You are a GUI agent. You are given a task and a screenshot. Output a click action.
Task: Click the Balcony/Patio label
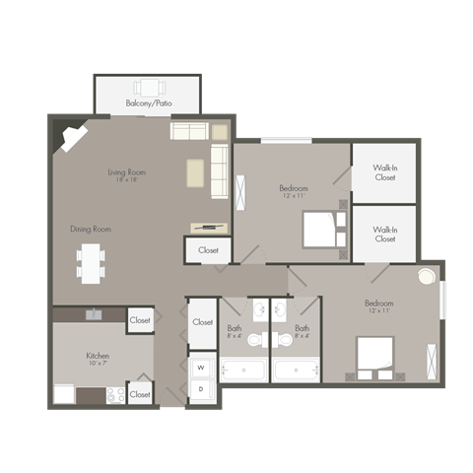point(147,102)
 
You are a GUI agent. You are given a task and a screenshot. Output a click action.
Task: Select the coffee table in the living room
point(194,172)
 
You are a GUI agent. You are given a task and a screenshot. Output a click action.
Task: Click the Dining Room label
point(90,229)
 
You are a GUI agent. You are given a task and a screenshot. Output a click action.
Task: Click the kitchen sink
point(95,314)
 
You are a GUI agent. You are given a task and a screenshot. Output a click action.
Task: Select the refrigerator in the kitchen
point(65,394)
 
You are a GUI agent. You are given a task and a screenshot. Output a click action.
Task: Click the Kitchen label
point(97,355)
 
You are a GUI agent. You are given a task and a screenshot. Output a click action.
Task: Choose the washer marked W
point(203,368)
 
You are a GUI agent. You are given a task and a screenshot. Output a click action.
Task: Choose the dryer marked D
point(203,390)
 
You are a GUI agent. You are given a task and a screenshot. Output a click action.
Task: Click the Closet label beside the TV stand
point(209,250)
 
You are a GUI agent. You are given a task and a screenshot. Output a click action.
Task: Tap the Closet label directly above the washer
point(203,321)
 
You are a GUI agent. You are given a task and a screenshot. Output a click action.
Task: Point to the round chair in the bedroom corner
point(427,277)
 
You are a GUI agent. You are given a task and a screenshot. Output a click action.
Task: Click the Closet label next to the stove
point(140,394)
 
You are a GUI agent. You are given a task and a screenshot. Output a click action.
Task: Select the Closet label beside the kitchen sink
point(140,320)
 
